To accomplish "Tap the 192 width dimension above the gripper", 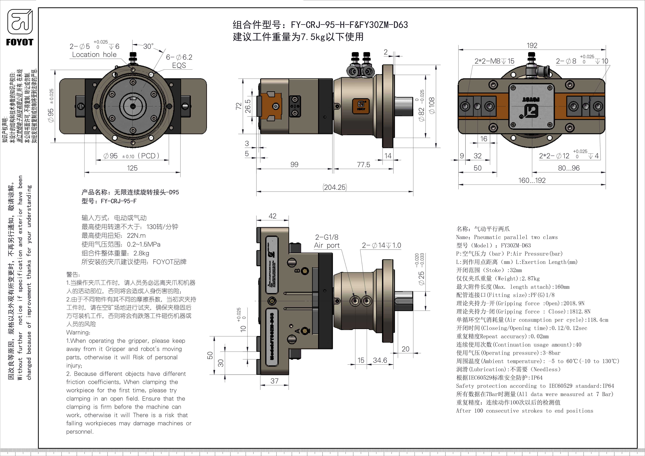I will click(532, 45).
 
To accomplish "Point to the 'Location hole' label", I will click(94, 55).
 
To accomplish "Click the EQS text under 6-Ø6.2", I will click(179, 65).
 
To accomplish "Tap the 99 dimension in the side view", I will click(294, 165).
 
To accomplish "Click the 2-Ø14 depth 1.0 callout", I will click(381, 245).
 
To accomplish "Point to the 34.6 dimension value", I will click(380, 360).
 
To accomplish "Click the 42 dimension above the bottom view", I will click(273, 216).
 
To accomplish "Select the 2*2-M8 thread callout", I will click(494, 61).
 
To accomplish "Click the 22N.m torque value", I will click(136, 236).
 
